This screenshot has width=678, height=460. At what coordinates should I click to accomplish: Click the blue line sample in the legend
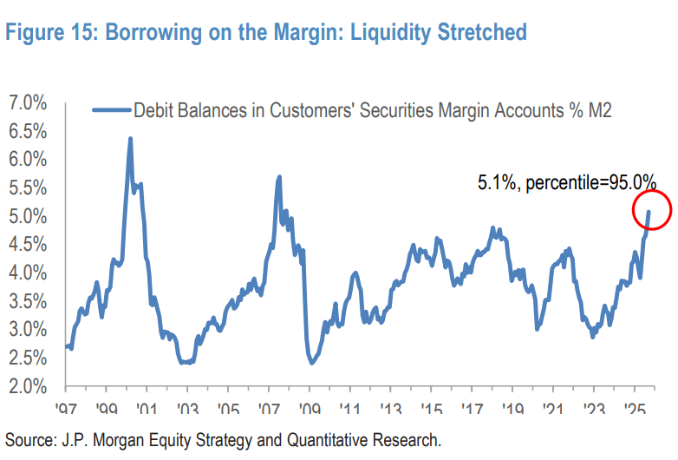(x=110, y=109)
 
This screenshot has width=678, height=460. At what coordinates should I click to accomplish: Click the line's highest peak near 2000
(x=130, y=139)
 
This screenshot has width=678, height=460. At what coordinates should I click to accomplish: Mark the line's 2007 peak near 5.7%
(x=279, y=177)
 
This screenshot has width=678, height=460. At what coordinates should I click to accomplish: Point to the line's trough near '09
(x=311, y=362)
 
